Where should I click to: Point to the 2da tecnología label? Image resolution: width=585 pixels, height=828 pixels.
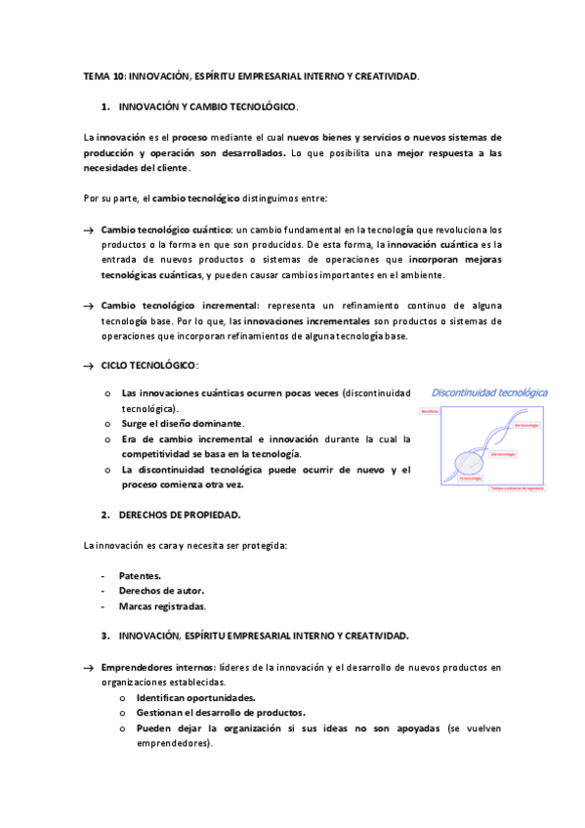click(x=502, y=455)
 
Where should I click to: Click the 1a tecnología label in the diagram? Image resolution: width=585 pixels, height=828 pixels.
click(x=469, y=476)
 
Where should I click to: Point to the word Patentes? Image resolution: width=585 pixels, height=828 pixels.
click(x=140, y=576)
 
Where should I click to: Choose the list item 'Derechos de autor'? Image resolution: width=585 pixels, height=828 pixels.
click(x=161, y=591)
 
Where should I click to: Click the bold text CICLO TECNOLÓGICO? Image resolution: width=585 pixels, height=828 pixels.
click(x=148, y=364)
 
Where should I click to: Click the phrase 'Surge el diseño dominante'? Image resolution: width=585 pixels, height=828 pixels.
click(x=182, y=424)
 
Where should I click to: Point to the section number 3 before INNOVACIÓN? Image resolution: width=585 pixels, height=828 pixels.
click(x=104, y=636)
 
